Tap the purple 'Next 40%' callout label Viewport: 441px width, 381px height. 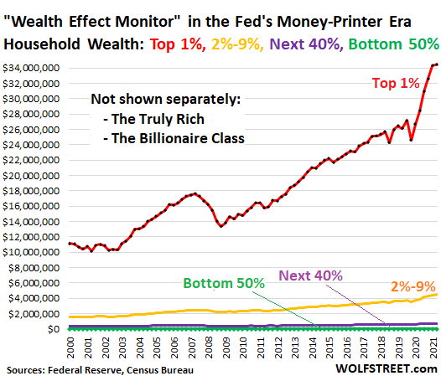click(311, 275)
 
